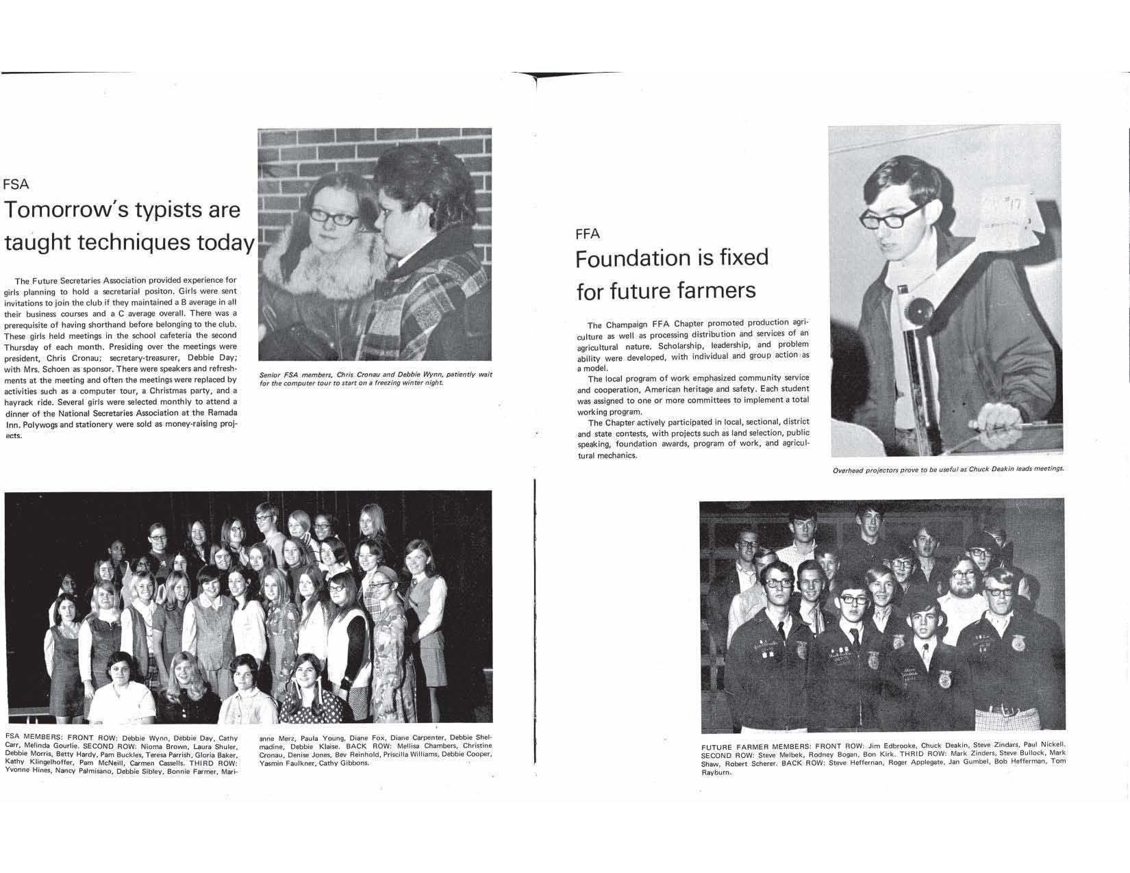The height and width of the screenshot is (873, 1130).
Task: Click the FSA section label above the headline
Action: pos(16,184)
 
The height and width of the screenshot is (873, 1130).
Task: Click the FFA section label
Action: pos(588,234)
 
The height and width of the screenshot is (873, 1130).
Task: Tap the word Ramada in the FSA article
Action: pos(220,413)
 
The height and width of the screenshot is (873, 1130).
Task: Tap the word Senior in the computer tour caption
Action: pos(271,375)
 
